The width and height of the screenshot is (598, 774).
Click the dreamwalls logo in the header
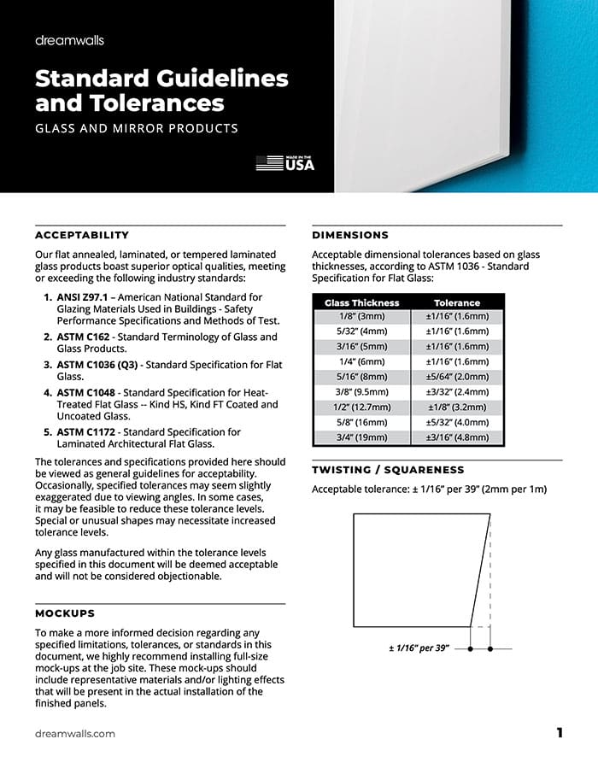pyautogui.click(x=69, y=40)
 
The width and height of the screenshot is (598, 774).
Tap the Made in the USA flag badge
pyautogui.click(x=285, y=163)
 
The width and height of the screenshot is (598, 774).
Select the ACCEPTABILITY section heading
pyautogui.click(x=82, y=235)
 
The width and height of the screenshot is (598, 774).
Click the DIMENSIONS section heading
pyautogui.click(x=350, y=235)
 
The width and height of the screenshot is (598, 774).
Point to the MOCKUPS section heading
pyautogui.click(x=65, y=613)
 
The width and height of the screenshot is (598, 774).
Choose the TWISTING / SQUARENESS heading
pyautogui.click(x=388, y=470)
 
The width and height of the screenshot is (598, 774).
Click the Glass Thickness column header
pyautogui.click(x=362, y=302)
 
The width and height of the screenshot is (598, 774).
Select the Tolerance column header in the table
pyautogui.click(x=457, y=302)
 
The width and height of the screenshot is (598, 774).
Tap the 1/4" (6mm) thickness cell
pyautogui.click(x=363, y=361)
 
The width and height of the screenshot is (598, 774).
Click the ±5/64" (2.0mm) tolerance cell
pyautogui.click(x=458, y=377)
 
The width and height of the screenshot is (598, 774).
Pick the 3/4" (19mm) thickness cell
pyautogui.click(x=363, y=437)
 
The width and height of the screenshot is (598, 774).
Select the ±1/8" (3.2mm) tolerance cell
pyautogui.click(x=458, y=408)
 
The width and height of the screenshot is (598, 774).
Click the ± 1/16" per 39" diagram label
pyautogui.click(x=419, y=649)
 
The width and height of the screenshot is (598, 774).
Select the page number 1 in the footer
pyautogui.click(x=560, y=733)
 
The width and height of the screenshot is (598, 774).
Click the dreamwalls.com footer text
pyautogui.click(x=75, y=734)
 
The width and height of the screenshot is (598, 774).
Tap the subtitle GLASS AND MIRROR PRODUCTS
pyautogui.click(x=137, y=129)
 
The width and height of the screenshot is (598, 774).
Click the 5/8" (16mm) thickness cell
pyautogui.click(x=363, y=422)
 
